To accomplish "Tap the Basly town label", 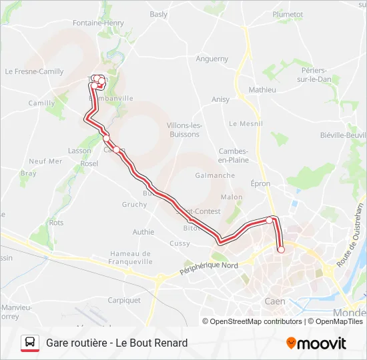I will tap(159, 14).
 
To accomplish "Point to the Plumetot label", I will tap(288, 14).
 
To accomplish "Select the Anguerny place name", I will tap(212, 59).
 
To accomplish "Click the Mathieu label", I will tap(262, 90).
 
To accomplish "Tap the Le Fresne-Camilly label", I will tap(34, 71).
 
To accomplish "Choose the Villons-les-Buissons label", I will tap(183, 130).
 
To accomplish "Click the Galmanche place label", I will tap(215, 175).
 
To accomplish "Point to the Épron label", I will tap(260, 183).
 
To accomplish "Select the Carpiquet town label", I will tap(124, 300).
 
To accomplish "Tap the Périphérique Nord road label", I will tap(209, 268).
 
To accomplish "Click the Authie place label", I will tap(143, 232).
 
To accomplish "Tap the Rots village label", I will tap(56, 223).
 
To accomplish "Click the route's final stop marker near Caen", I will tap(281, 250).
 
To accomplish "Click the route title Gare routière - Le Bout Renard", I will tap(117, 343).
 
